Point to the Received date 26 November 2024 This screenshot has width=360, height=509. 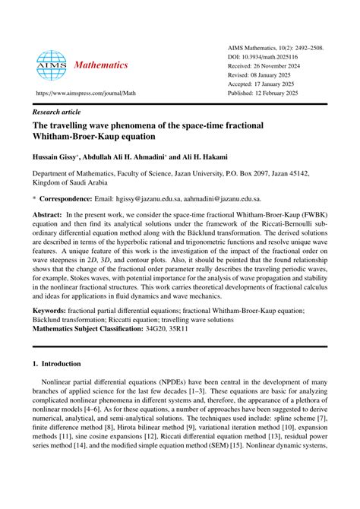(274, 66)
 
